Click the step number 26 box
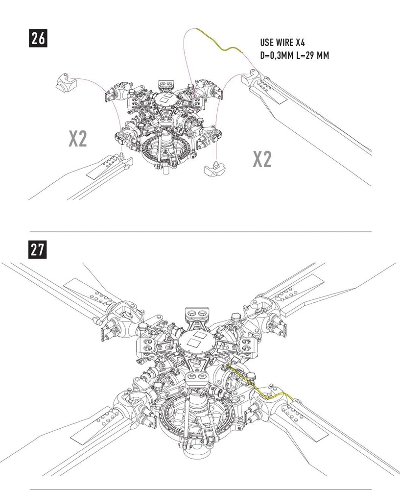[38, 38]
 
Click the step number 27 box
[38, 249]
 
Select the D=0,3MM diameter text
[277, 55]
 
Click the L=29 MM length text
[313, 55]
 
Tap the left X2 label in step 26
[77, 139]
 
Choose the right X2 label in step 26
[262, 159]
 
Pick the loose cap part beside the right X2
[214, 170]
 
